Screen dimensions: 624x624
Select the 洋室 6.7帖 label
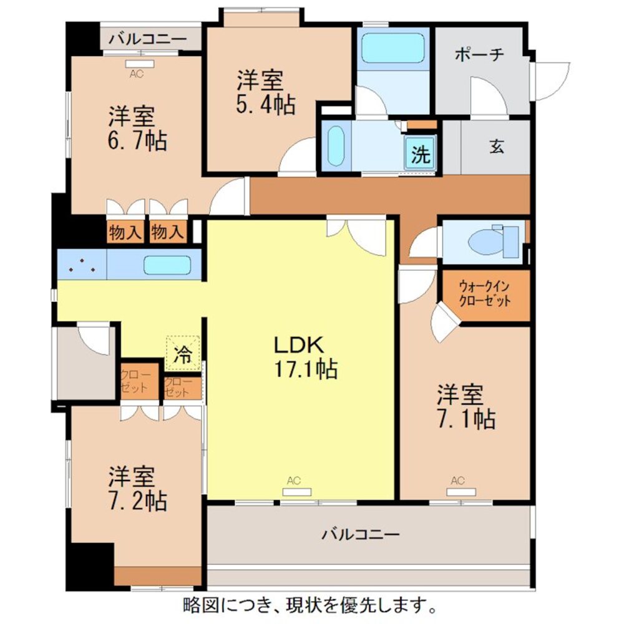tap(138, 129)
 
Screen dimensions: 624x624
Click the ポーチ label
tap(479, 55)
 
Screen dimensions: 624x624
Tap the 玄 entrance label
tap(497, 147)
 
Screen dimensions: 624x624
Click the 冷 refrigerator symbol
tap(183, 354)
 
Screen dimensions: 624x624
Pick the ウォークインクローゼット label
tap(485, 293)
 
